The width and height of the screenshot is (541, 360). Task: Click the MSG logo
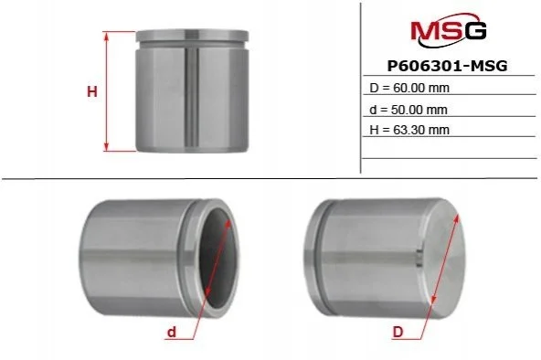[x=448, y=30]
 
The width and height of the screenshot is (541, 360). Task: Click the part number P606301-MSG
[x=448, y=66]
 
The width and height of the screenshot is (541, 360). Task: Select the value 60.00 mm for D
[x=421, y=88]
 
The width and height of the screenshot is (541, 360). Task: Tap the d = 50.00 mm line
[x=408, y=110]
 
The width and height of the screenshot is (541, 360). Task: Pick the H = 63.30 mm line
[x=409, y=130]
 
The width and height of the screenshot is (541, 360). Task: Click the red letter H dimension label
[x=92, y=92]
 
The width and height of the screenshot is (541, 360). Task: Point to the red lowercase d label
[x=172, y=332]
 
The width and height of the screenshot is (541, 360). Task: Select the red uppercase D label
[x=398, y=332]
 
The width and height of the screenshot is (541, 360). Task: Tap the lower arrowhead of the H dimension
[x=107, y=146]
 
